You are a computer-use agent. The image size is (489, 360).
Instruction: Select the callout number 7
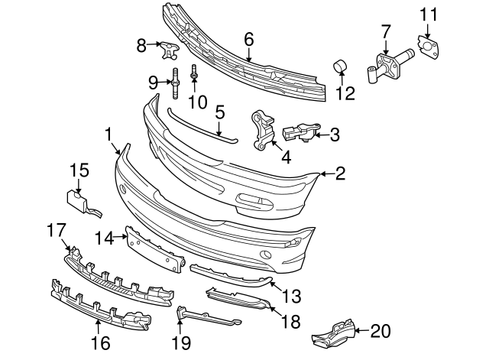coord(385,30)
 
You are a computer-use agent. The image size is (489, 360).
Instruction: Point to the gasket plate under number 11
coord(429,47)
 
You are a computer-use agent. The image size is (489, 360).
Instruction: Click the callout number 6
coord(248,37)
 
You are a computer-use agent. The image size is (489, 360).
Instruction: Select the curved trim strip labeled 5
coord(202,126)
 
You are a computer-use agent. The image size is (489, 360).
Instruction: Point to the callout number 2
coord(340,174)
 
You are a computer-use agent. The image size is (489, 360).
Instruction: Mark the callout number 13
coord(291,295)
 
